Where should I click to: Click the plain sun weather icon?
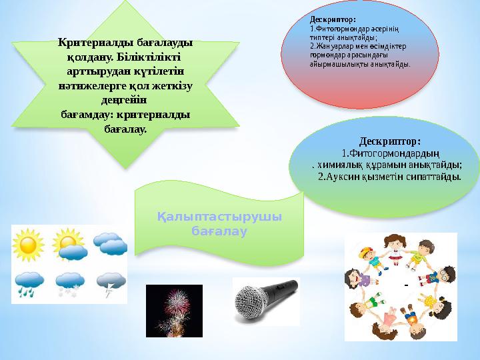click(29, 245)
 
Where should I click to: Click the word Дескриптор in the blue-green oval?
click(389, 141)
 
